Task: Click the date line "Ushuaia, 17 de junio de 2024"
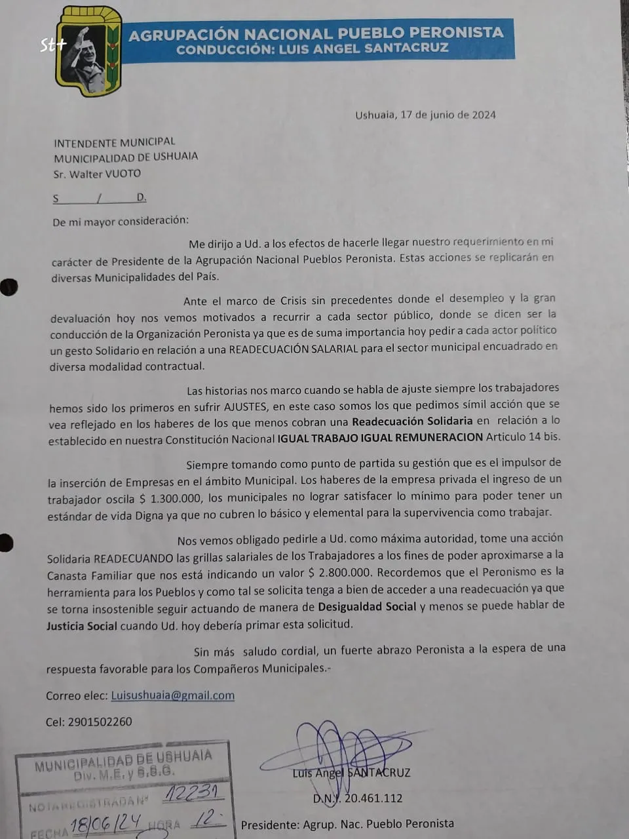pos(425,115)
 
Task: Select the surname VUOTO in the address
pos(123,174)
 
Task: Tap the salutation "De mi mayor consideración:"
pos(121,222)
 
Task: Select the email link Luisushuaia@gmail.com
pos(173,695)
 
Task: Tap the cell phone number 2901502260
pos(99,722)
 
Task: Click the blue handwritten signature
pos(341,747)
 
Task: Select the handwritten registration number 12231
pos(191,794)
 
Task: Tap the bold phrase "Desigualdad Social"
pos(367,606)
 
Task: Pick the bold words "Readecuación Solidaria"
pos(411,421)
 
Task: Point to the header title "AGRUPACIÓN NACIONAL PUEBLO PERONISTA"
pos(316,34)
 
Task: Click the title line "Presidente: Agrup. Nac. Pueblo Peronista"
pos(347,824)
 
